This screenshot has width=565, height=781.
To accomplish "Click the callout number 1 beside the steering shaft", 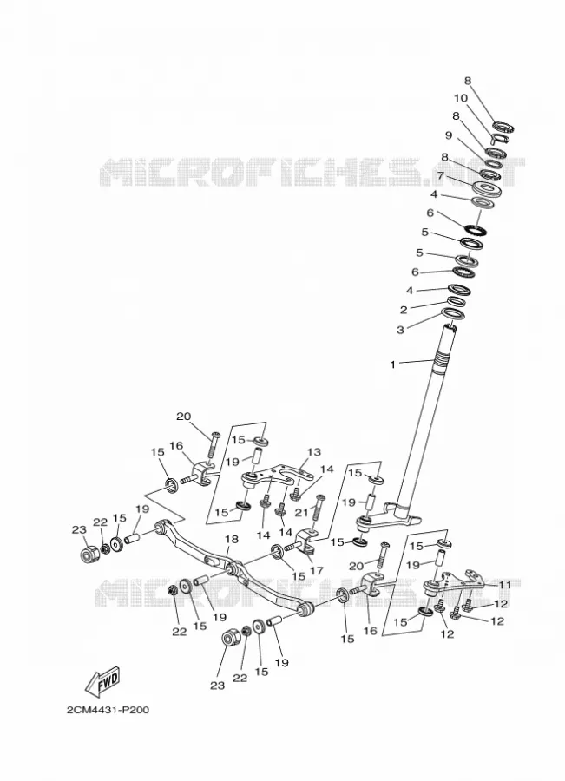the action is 392,364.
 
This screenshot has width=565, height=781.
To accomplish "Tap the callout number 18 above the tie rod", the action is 232,539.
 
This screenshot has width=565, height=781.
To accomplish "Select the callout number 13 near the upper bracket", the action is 314,452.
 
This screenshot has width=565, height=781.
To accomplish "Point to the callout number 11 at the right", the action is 505,585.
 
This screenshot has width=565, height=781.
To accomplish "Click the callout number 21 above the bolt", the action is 300,512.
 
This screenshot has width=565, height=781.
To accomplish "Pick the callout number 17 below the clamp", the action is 317,571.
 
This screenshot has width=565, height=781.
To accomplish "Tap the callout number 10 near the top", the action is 460,97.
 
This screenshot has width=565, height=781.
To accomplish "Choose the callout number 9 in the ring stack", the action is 449,135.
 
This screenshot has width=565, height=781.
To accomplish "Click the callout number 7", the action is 440,175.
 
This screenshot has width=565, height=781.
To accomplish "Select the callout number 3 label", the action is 400,330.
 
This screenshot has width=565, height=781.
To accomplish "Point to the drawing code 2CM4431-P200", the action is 108,710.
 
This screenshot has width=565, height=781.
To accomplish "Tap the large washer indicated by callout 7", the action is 485,190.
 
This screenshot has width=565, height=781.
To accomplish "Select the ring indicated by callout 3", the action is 451,314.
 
